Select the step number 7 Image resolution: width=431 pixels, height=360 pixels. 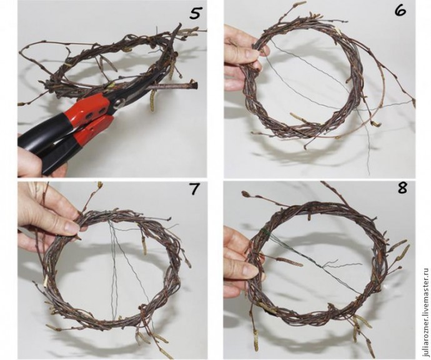[x=194, y=189]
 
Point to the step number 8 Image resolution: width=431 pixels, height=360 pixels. [x=402, y=188]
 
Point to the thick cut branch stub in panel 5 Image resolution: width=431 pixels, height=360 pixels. [x=174, y=86]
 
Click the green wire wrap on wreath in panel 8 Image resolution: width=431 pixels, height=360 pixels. [x=264, y=232]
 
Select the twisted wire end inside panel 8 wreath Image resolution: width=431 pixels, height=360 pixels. [x=342, y=264]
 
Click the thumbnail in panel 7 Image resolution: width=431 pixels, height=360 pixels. [x=70, y=227]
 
